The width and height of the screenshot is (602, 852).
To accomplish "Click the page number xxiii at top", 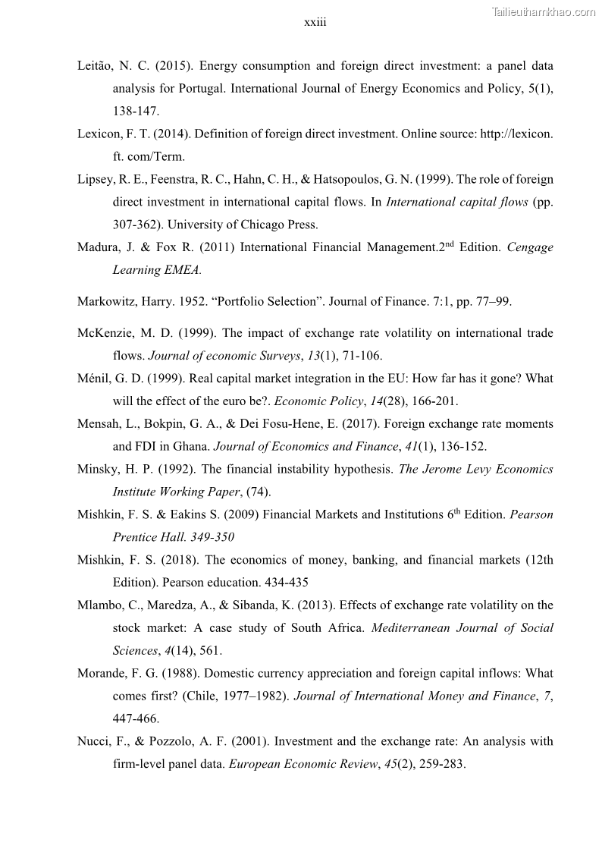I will coord(315,23).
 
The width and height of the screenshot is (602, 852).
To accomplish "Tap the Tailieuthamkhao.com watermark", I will coord(544,11).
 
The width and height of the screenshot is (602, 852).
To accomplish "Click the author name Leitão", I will coord(96,66).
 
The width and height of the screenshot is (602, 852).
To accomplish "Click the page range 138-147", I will coord(136,112).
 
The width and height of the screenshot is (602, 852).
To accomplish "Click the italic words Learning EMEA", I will coord(149,270).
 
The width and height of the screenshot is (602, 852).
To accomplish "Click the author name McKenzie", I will coord(105,333).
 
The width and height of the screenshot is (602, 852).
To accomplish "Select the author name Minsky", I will coord(97,469).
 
